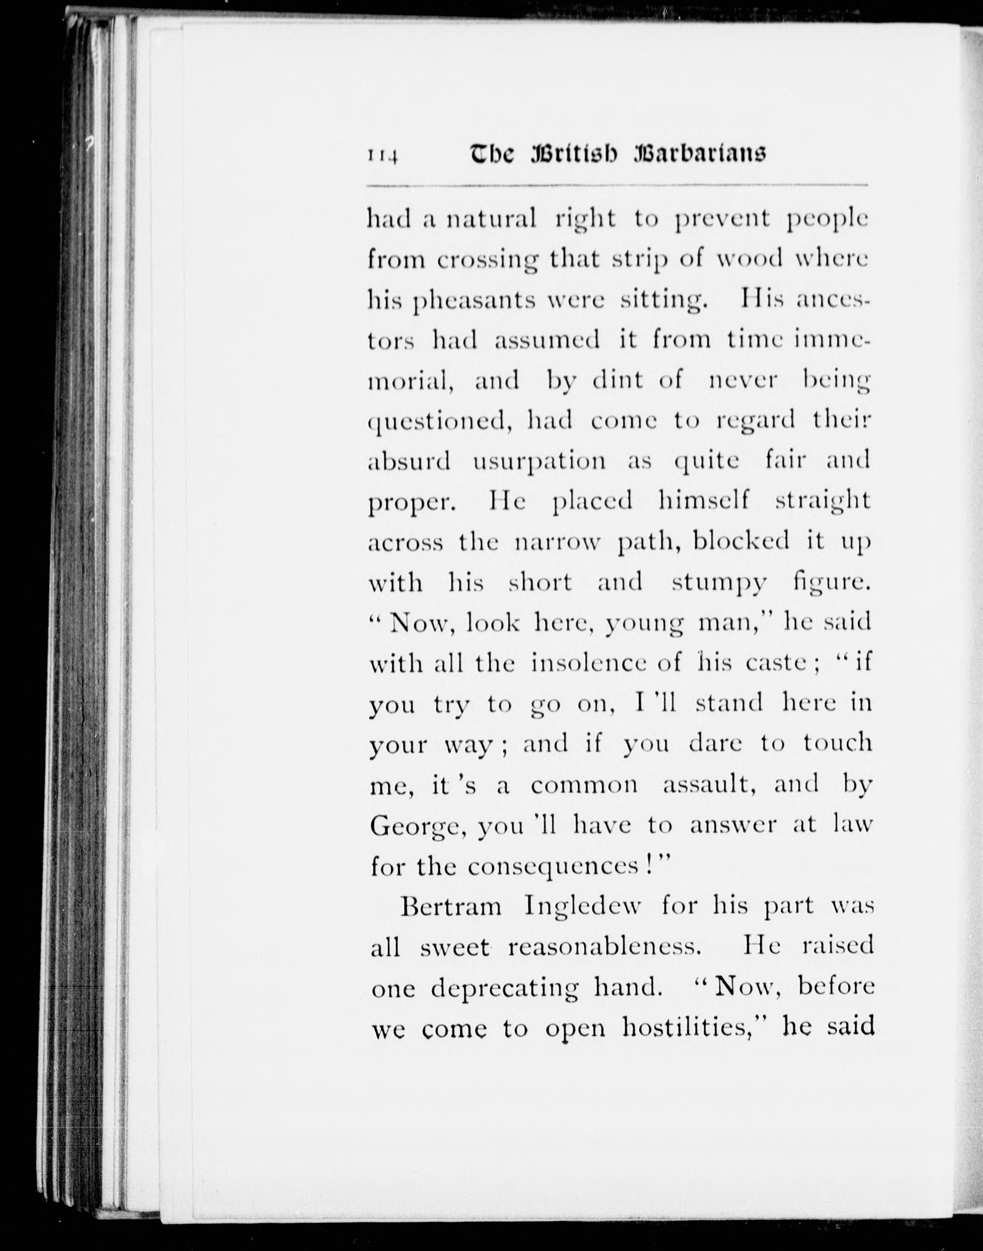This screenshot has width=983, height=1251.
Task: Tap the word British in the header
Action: pos(573,154)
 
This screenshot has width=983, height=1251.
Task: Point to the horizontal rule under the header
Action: pos(617,186)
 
